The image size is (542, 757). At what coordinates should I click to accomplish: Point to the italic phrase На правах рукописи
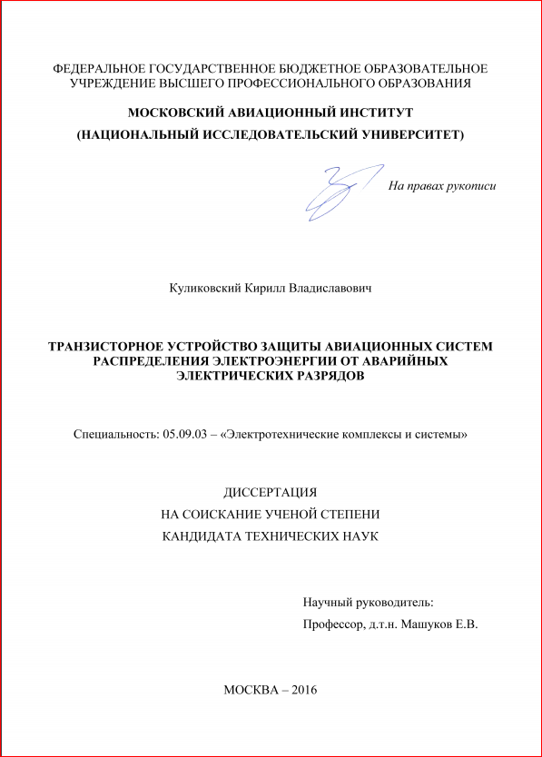pyautogui.click(x=442, y=186)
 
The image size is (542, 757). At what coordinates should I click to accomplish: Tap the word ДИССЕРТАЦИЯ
pyautogui.click(x=270, y=491)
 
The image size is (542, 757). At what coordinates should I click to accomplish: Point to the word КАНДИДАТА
pyautogui.click(x=202, y=536)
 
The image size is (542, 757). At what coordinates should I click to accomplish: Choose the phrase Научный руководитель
pyautogui.click(x=368, y=602)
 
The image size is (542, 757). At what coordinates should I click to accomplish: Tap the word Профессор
pyautogui.click(x=333, y=624)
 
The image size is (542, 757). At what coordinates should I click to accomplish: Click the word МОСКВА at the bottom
pyautogui.click(x=251, y=690)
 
